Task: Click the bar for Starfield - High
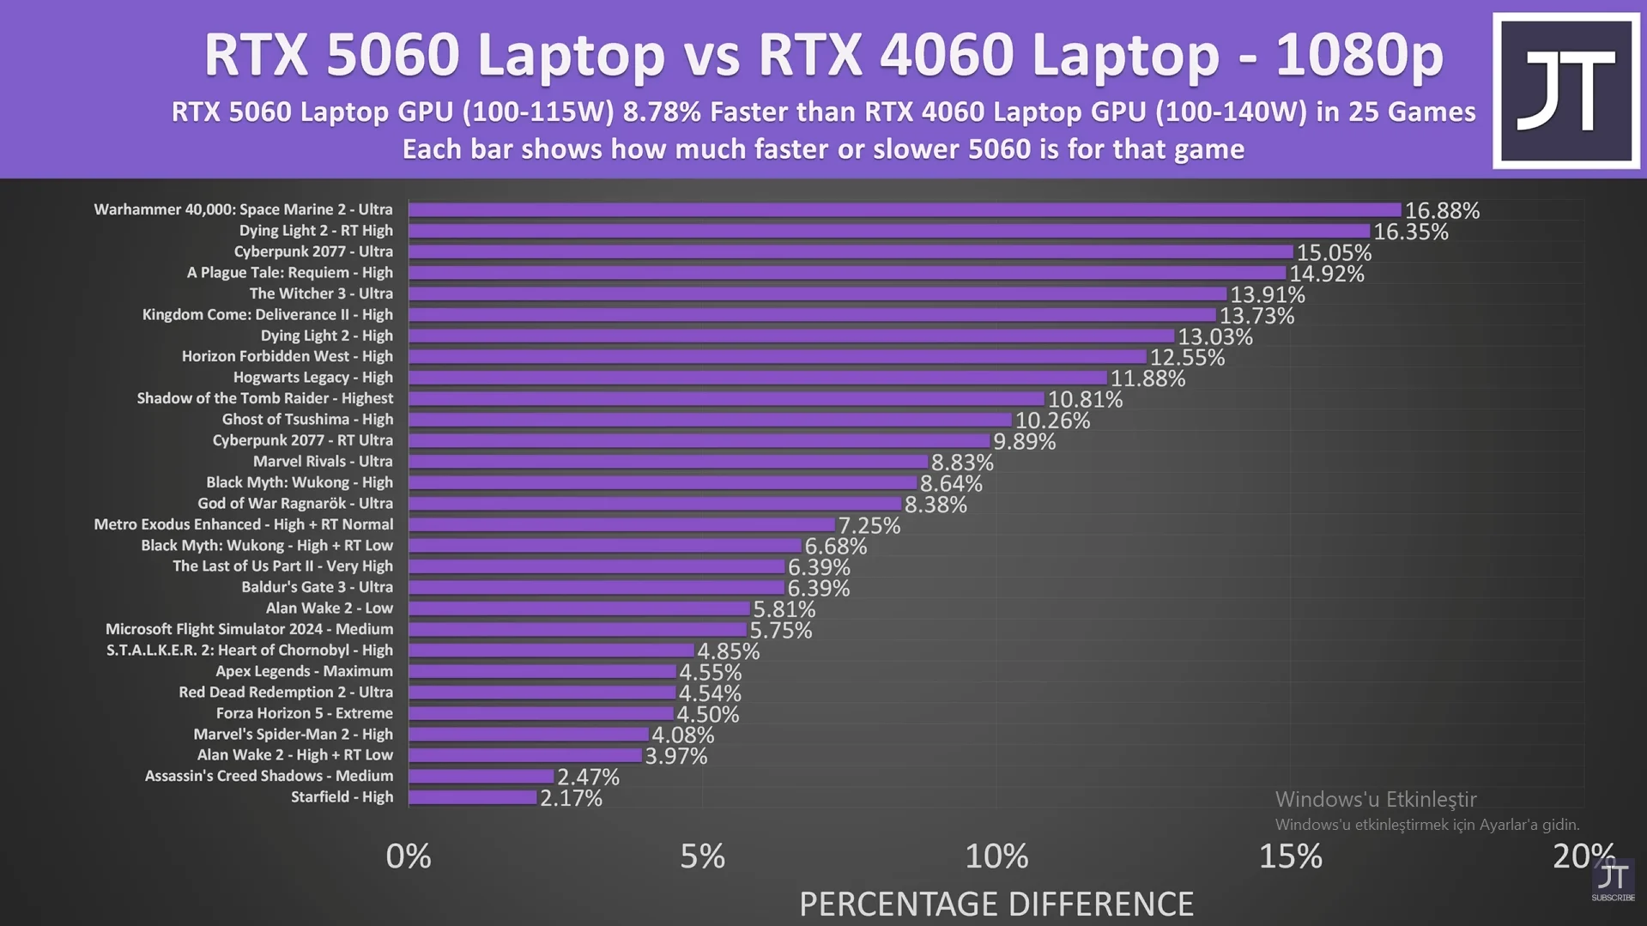[x=473, y=797]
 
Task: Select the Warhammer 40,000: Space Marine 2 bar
[x=905, y=210]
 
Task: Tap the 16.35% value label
[x=1410, y=232]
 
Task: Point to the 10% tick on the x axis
[x=996, y=856]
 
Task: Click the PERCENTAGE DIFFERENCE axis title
[x=996, y=904]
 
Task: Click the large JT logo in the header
[x=1565, y=90]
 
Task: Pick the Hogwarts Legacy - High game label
[x=312, y=378]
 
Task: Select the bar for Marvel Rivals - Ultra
[x=668, y=462]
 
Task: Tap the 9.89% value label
[x=1024, y=442]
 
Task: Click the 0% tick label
[x=409, y=856]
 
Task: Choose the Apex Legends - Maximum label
[x=304, y=671]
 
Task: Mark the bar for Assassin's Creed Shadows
[x=481, y=777]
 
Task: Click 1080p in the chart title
[x=1359, y=55]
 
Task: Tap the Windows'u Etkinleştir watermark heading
[x=1375, y=800]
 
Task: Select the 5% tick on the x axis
[x=702, y=856]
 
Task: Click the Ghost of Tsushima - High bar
[x=710, y=420]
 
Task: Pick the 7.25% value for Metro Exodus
[x=869, y=526]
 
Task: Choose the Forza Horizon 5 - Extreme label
[x=304, y=713]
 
